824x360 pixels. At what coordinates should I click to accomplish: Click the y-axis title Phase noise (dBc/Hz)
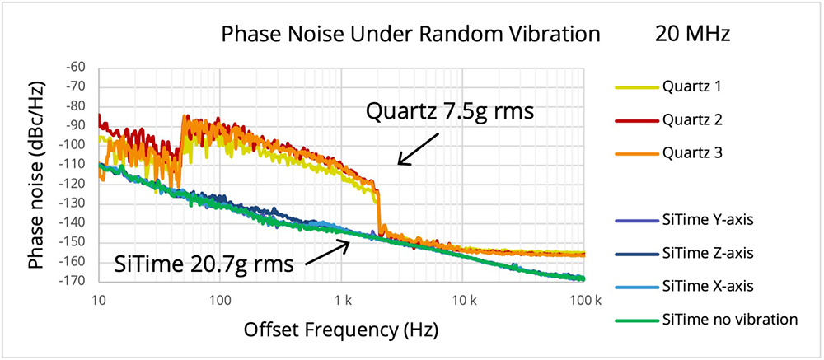38,175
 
